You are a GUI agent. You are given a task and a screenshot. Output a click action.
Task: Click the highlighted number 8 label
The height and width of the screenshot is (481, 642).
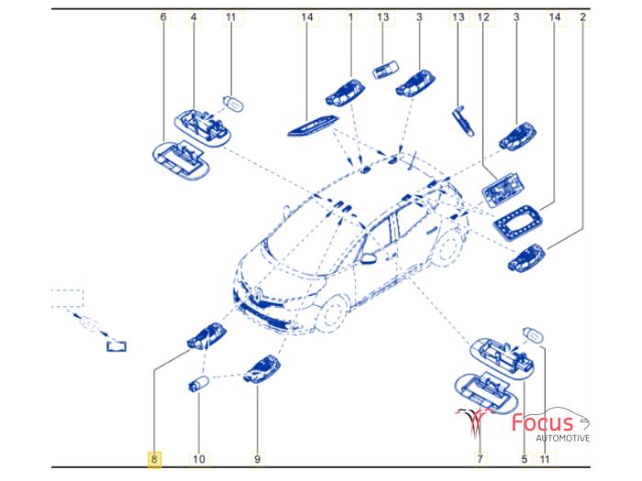click(154, 459)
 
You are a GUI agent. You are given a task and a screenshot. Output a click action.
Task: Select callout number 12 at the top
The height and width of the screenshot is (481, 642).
click(483, 17)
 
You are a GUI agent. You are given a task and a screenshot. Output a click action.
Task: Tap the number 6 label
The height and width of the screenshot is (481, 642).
click(163, 17)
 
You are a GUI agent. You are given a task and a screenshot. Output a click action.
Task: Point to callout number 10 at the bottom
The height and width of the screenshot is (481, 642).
click(199, 459)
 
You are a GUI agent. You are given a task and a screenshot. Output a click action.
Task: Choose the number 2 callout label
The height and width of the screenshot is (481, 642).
click(582, 17)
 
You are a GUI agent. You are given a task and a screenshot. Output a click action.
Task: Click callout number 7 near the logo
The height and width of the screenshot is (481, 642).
click(480, 459)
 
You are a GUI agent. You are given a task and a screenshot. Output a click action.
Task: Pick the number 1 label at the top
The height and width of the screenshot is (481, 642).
click(350, 17)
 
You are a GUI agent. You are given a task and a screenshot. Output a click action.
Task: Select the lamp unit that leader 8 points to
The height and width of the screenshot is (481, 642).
click(206, 336)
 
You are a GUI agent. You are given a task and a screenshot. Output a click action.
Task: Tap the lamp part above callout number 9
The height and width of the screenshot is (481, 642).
click(262, 369)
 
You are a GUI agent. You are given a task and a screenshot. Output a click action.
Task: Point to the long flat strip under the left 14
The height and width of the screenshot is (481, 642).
click(314, 126)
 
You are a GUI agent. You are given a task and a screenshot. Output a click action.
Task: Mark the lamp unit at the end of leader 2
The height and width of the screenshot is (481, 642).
click(526, 257)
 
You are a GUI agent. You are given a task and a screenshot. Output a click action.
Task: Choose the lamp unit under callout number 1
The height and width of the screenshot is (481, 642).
click(345, 93)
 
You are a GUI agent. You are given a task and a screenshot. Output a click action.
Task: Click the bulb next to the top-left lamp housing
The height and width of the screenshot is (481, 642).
click(233, 104)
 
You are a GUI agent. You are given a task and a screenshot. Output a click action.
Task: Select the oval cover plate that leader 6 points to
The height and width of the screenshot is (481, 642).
click(180, 160)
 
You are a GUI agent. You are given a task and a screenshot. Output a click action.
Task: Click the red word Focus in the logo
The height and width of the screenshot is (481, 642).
click(543, 422)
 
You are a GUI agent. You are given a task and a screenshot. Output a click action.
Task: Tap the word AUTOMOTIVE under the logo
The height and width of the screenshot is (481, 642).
click(563, 438)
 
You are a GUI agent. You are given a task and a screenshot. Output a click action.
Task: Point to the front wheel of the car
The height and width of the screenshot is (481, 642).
click(332, 314)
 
